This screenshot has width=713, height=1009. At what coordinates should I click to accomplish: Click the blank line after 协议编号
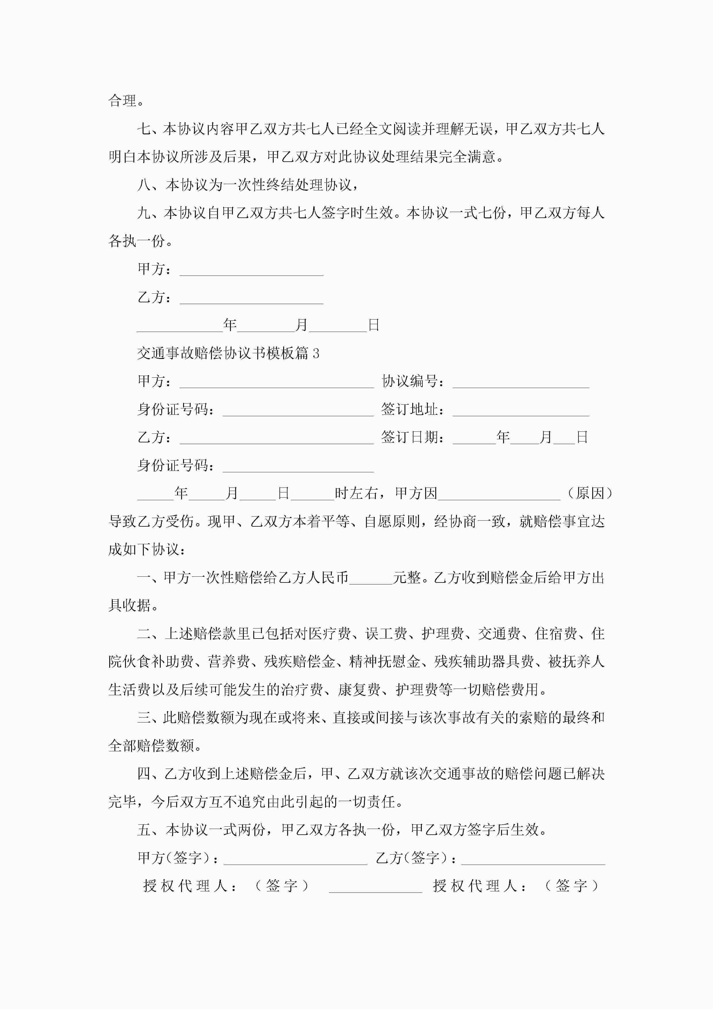point(521,382)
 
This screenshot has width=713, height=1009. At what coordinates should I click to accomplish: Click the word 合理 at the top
point(122,101)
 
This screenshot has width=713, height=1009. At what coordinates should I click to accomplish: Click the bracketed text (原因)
point(590,494)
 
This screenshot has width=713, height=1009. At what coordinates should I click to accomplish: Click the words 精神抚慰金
point(385,662)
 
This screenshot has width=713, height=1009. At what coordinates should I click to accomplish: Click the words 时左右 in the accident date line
point(356,494)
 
